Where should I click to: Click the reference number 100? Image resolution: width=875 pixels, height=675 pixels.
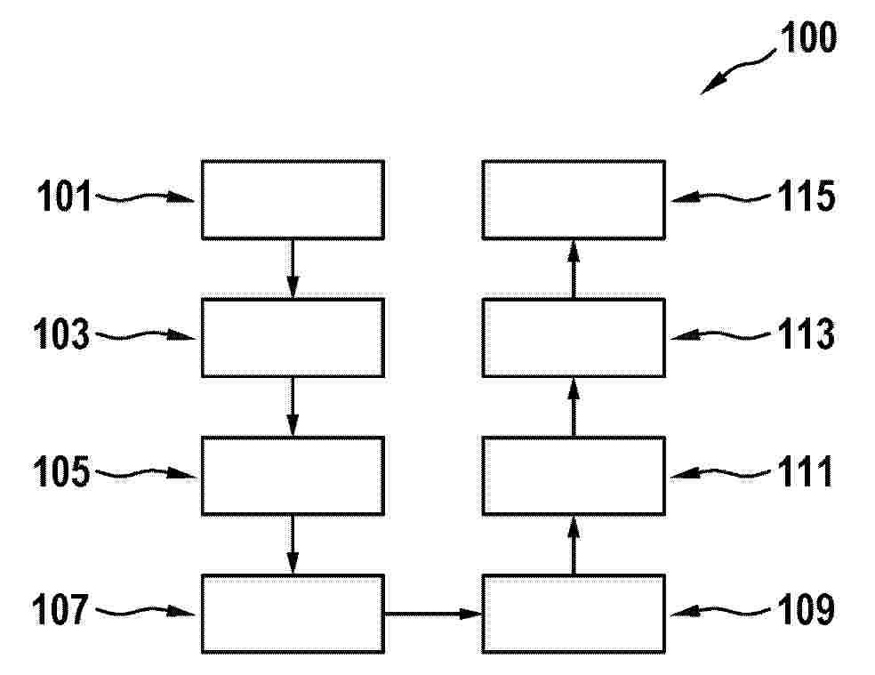pos(808,37)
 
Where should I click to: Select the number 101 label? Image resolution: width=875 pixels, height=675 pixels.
pos(64,197)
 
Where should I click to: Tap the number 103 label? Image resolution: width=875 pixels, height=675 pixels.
pos(62,334)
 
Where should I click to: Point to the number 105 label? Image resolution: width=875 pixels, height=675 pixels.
pos(62,471)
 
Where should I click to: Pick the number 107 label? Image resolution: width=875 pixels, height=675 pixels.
pos(60,610)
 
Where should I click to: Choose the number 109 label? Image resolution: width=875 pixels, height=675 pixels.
pos(807,610)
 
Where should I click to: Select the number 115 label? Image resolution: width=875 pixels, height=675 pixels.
pos(807,197)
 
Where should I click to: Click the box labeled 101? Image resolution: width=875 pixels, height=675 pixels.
pos(293,200)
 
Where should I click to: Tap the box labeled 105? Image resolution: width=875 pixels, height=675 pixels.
pos(293,476)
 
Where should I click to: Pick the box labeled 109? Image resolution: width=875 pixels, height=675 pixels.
pos(574,614)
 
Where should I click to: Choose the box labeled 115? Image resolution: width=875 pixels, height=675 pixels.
pos(574,200)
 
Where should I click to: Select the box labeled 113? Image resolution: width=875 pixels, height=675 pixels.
pos(574,338)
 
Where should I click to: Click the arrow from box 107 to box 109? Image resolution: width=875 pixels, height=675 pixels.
pos(433,615)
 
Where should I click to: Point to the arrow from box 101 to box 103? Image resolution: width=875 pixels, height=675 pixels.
pos(293,269)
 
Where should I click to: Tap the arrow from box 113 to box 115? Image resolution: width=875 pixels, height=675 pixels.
pos(574,269)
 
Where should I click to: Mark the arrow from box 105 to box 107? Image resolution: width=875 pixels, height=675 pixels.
pos(293,545)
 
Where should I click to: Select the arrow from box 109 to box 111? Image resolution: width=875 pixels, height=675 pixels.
pos(574,545)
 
